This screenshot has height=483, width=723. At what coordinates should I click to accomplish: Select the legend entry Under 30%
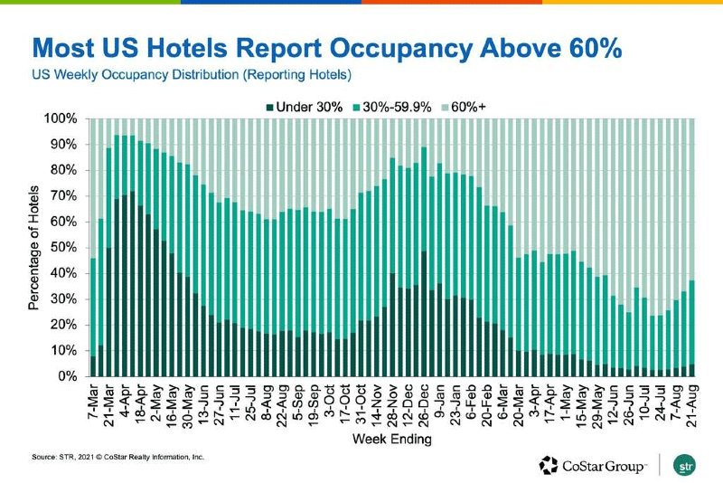click(308, 106)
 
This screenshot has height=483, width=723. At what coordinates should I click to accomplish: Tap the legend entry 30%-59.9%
click(401, 106)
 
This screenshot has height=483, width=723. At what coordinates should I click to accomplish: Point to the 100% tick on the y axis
click(63, 119)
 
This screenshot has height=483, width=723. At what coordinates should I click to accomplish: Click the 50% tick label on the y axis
click(66, 248)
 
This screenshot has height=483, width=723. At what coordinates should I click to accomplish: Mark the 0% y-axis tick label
click(70, 376)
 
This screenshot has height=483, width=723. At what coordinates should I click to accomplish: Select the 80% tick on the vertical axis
click(66, 171)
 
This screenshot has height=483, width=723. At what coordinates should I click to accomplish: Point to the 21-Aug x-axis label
click(690, 402)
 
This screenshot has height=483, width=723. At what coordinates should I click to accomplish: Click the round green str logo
click(686, 465)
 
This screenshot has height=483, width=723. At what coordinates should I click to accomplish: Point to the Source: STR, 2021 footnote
click(117, 458)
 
